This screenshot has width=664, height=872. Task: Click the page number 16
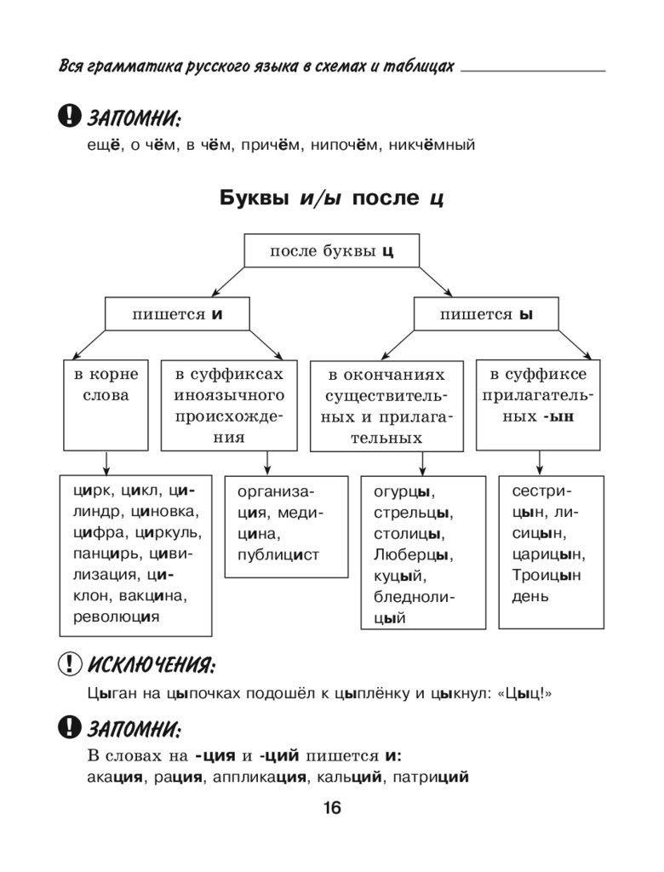click(x=331, y=808)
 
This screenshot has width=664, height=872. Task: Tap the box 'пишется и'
click(x=177, y=314)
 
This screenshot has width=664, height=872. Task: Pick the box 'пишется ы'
click(x=486, y=314)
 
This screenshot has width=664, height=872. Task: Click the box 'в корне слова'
click(x=106, y=385)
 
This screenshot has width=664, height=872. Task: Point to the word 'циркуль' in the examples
click(x=172, y=533)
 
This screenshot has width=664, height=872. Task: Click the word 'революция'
click(x=117, y=616)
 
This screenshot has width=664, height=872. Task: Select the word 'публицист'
click(x=278, y=554)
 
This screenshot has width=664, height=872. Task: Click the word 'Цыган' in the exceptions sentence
click(x=106, y=694)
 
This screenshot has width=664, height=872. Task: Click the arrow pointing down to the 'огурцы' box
click(x=423, y=463)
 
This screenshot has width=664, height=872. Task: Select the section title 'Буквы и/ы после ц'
click(x=331, y=198)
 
